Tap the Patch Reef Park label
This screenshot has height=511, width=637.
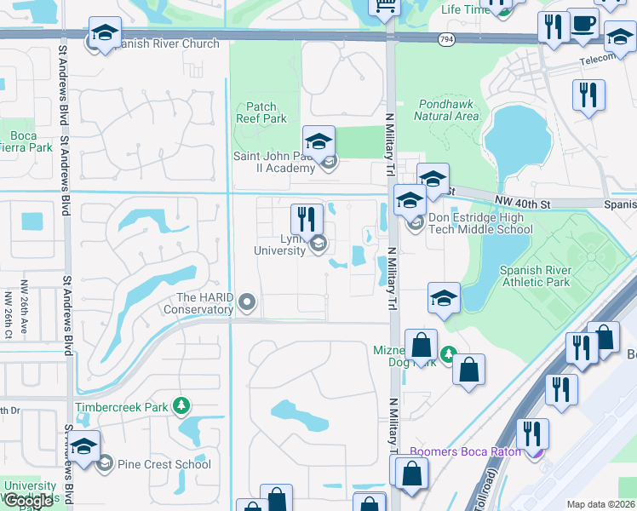click(x=261, y=113)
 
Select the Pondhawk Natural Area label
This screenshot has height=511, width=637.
click(x=448, y=109)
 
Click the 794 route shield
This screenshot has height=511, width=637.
click(x=446, y=40)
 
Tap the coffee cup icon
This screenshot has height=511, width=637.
click(x=583, y=25)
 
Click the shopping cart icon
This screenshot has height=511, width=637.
click(x=384, y=5)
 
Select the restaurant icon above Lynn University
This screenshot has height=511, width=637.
click(x=307, y=219)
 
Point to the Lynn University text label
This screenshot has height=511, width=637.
click(x=280, y=244)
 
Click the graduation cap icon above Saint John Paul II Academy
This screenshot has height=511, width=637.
click(x=318, y=141)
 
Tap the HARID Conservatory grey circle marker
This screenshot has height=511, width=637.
click(x=247, y=301)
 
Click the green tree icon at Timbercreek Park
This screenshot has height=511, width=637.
click(x=180, y=406)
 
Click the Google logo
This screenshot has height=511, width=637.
click(x=29, y=500)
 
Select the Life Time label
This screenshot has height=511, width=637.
click(x=464, y=9)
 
